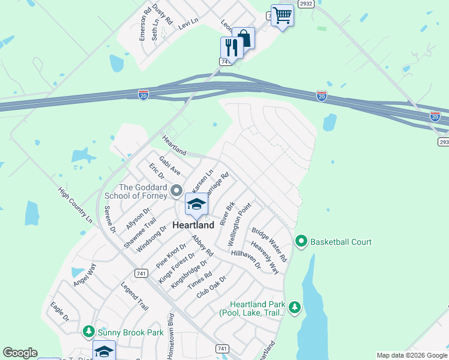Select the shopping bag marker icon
click(x=244, y=38)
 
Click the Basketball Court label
click(x=340, y=242)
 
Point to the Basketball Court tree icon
click(x=301, y=242)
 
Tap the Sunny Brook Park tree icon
click(x=89, y=331)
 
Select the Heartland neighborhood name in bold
click(x=193, y=226)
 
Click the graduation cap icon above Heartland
click(x=196, y=205)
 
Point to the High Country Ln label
click(x=76, y=205)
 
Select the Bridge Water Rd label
click(x=270, y=244)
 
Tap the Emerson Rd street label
click(x=144, y=24)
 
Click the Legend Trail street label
click(x=134, y=295)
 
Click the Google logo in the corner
click(x=20, y=353)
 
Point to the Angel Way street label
click(x=85, y=275)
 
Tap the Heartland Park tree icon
click(x=294, y=308)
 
